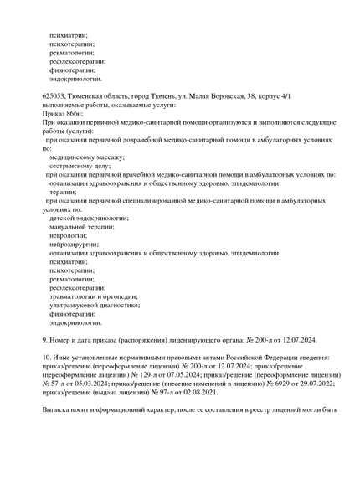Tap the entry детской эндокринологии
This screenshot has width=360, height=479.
pos(83,218)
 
